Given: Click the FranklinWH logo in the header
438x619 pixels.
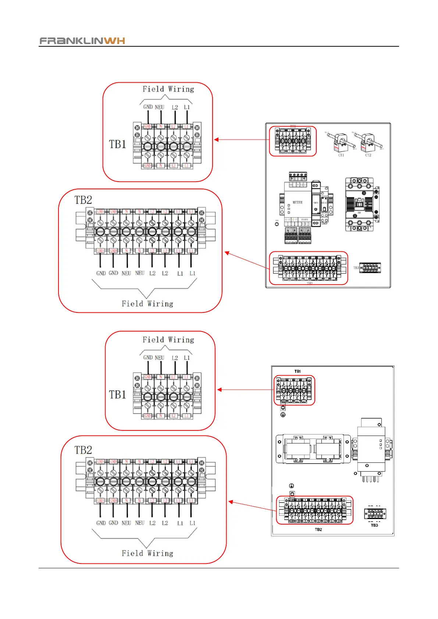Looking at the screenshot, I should pyautogui.click(x=82, y=40).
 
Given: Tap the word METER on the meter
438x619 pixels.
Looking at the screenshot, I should pyautogui.click(x=298, y=203).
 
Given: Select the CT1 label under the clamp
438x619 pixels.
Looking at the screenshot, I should pyautogui.click(x=341, y=155).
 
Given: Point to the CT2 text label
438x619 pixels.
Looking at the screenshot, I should pyautogui.click(x=368, y=155).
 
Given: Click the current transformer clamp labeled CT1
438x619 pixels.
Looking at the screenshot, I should pyautogui.click(x=341, y=143).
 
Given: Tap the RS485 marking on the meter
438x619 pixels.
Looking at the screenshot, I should pyautogui.click(x=305, y=220).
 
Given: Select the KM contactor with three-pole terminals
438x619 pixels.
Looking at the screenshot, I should pyautogui.click(x=360, y=204).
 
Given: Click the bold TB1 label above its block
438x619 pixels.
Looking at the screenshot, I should pyautogui.click(x=298, y=371).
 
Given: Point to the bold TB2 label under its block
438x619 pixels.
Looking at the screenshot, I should pyautogui.click(x=318, y=530).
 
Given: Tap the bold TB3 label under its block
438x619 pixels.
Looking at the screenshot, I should pyautogui.click(x=374, y=525).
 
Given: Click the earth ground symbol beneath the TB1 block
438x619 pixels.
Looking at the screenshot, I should pyautogui.click(x=283, y=415).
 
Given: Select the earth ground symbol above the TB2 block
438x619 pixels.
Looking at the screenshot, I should pyautogui.click(x=291, y=486).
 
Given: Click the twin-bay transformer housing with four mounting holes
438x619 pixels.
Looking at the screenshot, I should pyautogui.click(x=313, y=449).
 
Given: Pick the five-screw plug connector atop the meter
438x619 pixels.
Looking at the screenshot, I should pyautogui.click(x=298, y=176).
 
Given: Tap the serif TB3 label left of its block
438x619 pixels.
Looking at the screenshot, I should pyautogui.click(x=356, y=268).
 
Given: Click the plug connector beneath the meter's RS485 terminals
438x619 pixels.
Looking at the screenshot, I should pyautogui.click(x=305, y=236).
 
